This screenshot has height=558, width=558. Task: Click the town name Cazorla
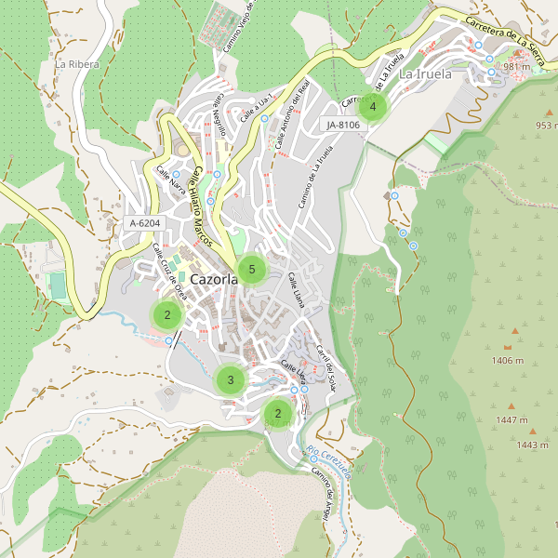click(x=212, y=279)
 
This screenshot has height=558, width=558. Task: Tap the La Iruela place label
click(x=424, y=73)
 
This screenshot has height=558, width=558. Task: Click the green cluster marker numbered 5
click(x=252, y=270)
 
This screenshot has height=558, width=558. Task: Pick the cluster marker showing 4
click(x=372, y=107)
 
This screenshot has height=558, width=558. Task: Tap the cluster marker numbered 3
click(x=231, y=379)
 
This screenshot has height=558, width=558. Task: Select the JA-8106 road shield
click(x=343, y=124)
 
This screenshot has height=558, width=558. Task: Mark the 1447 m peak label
click(x=511, y=420)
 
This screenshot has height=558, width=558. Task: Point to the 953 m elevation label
click(x=543, y=126)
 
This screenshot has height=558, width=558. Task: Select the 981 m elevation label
click(x=516, y=67)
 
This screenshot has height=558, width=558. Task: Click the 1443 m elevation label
click(x=532, y=445)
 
